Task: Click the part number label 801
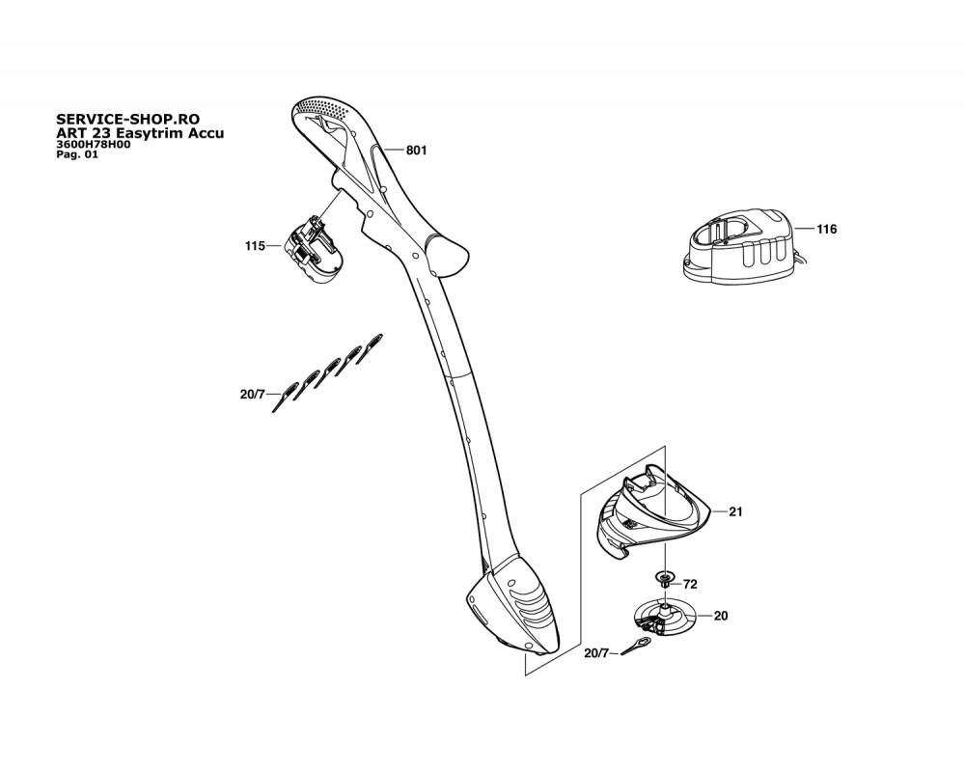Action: pyautogui.click(x=417, y=151)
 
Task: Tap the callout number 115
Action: pyautogui.click(x=255, y=246)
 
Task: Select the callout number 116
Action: pyautogui.click(x=827, y=229)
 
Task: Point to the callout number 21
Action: pyautogui.click(x=735, y=511)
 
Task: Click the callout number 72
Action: pyautogui.click(x=690, y=584)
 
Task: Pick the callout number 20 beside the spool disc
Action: pyautogui.click(x=721, y=616)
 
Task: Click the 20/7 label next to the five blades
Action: pyautogui.click(x=252, y=394)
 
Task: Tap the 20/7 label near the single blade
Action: pyautogui.click(x=595, y=652)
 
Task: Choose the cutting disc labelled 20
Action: pyautogui.click(x=665, y=617)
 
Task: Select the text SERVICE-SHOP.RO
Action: pyautogui.click(x=128, y=119)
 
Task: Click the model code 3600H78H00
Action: pyautogui.click(x=93, y=145)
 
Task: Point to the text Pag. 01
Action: pyautogui.click(x=77, y=154)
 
